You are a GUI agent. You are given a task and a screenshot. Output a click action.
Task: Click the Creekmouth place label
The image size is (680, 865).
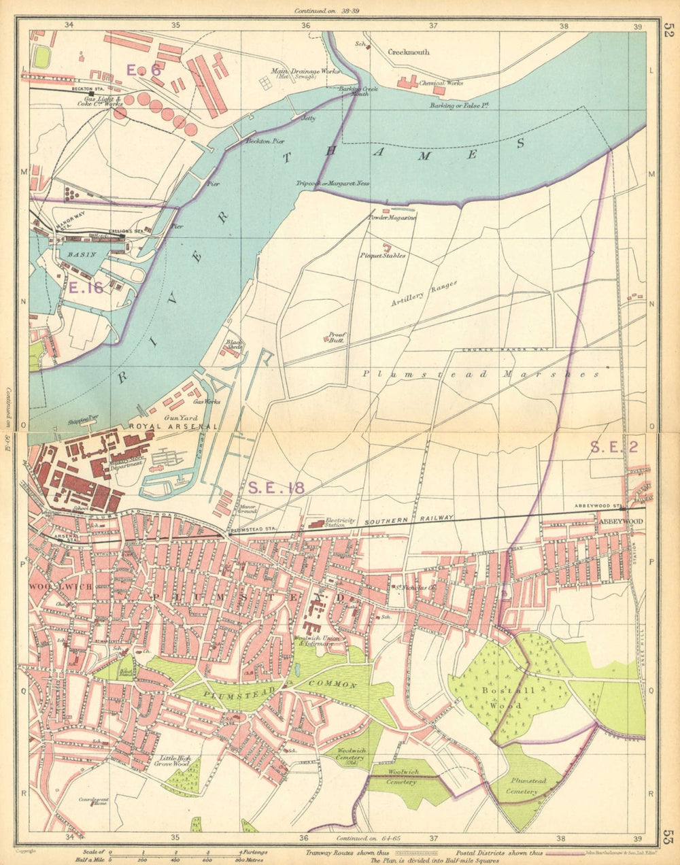[409, 52]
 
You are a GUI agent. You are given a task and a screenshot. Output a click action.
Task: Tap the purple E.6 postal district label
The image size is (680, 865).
[143, 69]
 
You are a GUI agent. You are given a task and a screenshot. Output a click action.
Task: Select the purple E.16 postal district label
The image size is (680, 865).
[86, 288]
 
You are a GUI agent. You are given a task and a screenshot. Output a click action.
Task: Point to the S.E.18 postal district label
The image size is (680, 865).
[275, 487]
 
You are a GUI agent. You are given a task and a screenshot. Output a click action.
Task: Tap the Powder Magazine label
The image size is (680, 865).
[392, 218]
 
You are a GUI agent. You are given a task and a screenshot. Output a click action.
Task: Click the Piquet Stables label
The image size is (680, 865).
[384, 256]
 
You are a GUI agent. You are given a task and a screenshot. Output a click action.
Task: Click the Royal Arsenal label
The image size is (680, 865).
[173, 426]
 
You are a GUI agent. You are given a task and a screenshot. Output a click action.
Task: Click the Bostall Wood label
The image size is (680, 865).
[509, 698]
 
